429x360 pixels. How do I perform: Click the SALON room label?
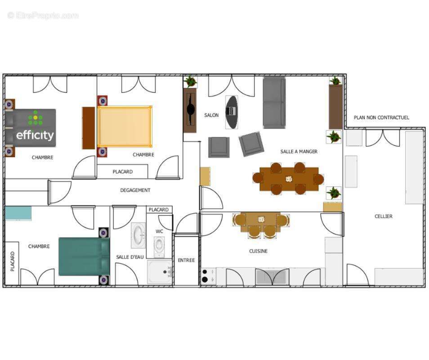(x=211, y=115)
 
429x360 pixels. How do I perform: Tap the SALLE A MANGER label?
(x=299, y=151)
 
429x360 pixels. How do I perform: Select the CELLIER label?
(x=383, y=216)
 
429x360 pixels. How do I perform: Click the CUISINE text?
(x=258, y=251)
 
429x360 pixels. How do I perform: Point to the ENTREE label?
(x=186, y=260)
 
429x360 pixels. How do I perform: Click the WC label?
(x=159, y=231)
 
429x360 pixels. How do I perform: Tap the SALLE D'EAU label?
(x=130, y=257)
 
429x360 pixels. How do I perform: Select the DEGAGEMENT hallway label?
(x=135, y=190)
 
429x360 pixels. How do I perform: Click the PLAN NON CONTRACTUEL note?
(x=381, y=117)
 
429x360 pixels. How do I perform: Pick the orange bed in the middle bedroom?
(x=125, y=126)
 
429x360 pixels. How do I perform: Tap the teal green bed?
(x=84, y=256)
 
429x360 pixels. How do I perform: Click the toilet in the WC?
(x=159, y=247)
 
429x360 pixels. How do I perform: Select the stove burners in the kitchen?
(x=205, y=276)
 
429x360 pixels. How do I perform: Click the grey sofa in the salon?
(x=274, y=103)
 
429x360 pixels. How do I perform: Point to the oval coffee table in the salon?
(x=232, y=112)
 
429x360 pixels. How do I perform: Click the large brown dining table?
(x=289, y=179)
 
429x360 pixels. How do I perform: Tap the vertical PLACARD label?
(x=12, y=261)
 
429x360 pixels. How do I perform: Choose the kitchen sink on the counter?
(x=272, y=277)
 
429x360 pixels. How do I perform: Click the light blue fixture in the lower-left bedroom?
(x=18, y=213)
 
